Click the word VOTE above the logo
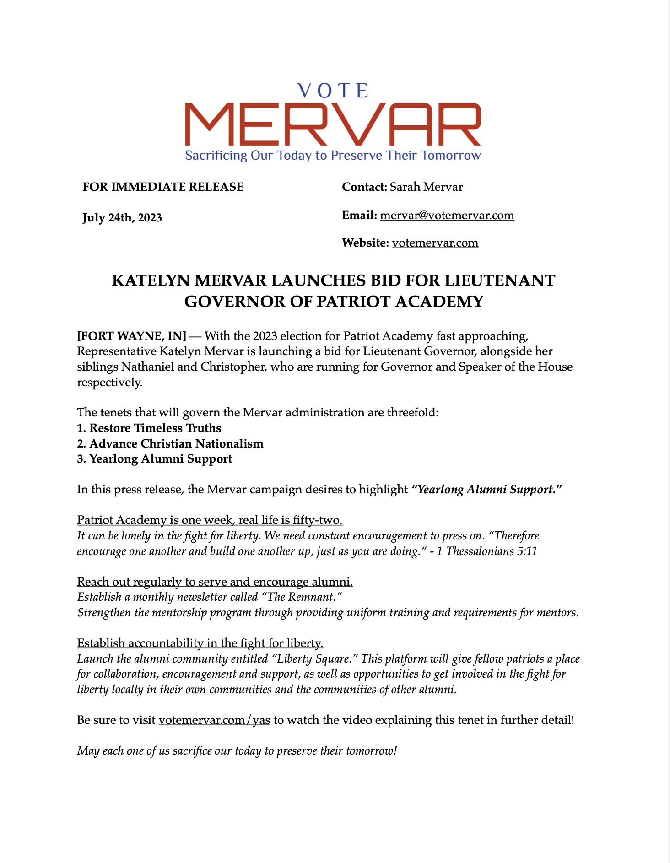[x=333, y=91]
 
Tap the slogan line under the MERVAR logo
[x=333, y=156]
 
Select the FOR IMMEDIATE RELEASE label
[x=163, y=187]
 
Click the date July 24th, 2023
[x=122, y=218]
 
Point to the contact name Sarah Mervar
[x=426, y=187]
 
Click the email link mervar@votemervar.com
[x=447, y=215]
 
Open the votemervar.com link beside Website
[x=435, y=243]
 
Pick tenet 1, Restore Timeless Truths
[x=149, y=428]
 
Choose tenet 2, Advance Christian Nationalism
[x=170, y=444]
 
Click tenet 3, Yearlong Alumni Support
[x=155, y=459]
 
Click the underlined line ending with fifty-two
[x=210, y=520]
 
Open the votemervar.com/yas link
[x=214, y=720]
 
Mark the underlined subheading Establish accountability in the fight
[x=200, y=643]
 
